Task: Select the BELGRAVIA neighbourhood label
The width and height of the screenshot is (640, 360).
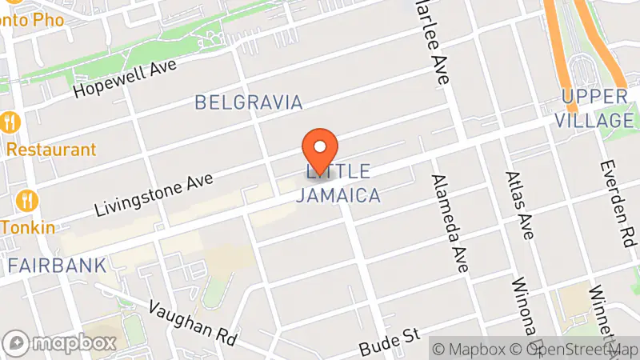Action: [x=249, y=102]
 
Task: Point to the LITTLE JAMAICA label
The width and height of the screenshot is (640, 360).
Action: [x=337, y=183]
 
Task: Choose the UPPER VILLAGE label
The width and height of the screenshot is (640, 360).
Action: [x=596, y=109]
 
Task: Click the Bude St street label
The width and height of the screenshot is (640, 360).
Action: [x=390, y=342]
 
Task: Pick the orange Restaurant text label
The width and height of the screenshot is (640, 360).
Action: [x=51, y=150]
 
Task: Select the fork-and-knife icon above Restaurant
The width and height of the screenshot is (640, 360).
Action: [x=10, y=122]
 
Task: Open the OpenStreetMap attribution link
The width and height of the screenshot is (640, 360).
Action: [x=575, y=349]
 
